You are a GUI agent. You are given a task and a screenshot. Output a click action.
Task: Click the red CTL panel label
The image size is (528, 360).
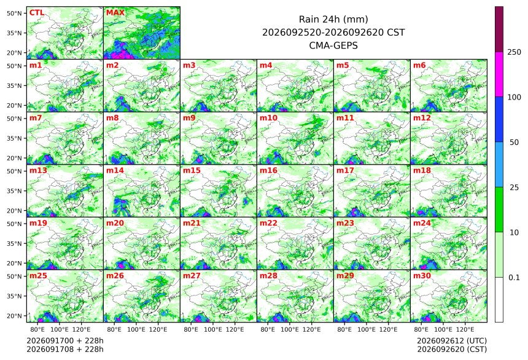click(x=37, y=13)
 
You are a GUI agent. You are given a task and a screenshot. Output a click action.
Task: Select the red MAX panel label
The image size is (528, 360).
click(x=115, y=13)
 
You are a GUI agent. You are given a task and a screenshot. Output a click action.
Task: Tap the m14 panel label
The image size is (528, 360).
click(x=115, y=171)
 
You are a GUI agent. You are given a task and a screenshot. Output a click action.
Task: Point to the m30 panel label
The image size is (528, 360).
click(x=422, y=276)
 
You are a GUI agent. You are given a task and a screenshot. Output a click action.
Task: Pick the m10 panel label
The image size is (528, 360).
click(x=269, y=118)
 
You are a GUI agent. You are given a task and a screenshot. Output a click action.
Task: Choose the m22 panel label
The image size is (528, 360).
click(x=269, y=223)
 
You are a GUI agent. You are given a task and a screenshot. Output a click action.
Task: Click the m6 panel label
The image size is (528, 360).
click(x=419, y=65)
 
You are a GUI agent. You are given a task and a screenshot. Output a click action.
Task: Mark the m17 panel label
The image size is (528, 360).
click(x=346, y=171)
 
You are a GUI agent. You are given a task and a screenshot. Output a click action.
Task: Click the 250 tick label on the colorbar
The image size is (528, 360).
click(x=514, y=52)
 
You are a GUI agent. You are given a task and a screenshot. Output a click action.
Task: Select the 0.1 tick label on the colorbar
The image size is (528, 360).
click(x=514, y=278)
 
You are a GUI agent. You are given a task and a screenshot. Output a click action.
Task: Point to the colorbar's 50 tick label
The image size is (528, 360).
click(x=514, y=143)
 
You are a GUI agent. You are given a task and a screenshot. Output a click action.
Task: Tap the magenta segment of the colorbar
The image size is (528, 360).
click(x=499, y=74)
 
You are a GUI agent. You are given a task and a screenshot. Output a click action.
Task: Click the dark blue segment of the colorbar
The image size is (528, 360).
click(x=499, y=119)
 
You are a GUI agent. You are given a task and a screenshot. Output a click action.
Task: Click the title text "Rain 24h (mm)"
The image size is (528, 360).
click(x=333, y=19)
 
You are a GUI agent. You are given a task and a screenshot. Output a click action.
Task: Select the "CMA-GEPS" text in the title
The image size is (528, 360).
click(x=333, y=45)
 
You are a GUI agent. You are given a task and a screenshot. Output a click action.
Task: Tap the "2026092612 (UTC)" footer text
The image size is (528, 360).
click(x=452, y=341)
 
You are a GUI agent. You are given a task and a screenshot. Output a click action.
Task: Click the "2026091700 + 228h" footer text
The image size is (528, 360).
click(x=65, y=341)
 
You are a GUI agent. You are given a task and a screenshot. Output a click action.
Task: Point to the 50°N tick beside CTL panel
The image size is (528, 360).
click(x=14, y=13)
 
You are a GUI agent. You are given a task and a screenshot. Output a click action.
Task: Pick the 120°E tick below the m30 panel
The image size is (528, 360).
click(x=465, y=329)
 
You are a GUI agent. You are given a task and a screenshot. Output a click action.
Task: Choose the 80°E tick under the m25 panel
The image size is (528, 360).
click(x=37, y=329)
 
